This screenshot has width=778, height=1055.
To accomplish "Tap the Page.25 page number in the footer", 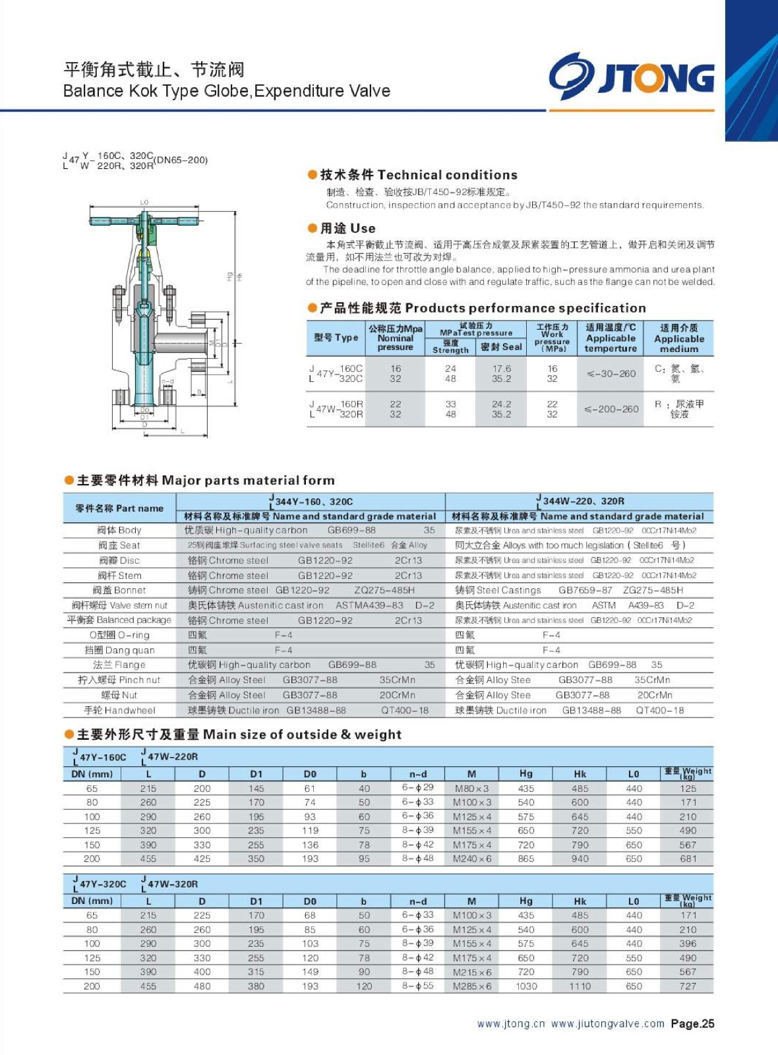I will point(692,1023).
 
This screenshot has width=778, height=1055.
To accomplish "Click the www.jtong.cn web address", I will point(511,1023).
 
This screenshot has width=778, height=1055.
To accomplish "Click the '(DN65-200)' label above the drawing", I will point(181,160).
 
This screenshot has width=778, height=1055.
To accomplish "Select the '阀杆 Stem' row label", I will point(119,575).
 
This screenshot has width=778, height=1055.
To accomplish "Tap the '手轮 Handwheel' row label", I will point(119,710).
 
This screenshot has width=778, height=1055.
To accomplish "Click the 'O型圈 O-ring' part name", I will point(119,635).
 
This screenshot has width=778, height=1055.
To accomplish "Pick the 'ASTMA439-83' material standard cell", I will point(369,605).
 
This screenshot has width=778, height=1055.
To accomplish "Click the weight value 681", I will point(688,859).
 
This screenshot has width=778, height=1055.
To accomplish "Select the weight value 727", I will point(688,986).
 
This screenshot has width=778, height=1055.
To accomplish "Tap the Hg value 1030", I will point(526,986).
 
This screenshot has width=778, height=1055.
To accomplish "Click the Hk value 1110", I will point(580,986).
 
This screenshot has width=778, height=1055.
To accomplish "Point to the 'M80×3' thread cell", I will point(471,789).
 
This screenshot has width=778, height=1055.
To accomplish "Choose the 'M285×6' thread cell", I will point(471,986).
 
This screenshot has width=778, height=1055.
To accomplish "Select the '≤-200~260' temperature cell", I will point(611,409).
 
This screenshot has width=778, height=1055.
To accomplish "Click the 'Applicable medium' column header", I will point(678,338).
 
